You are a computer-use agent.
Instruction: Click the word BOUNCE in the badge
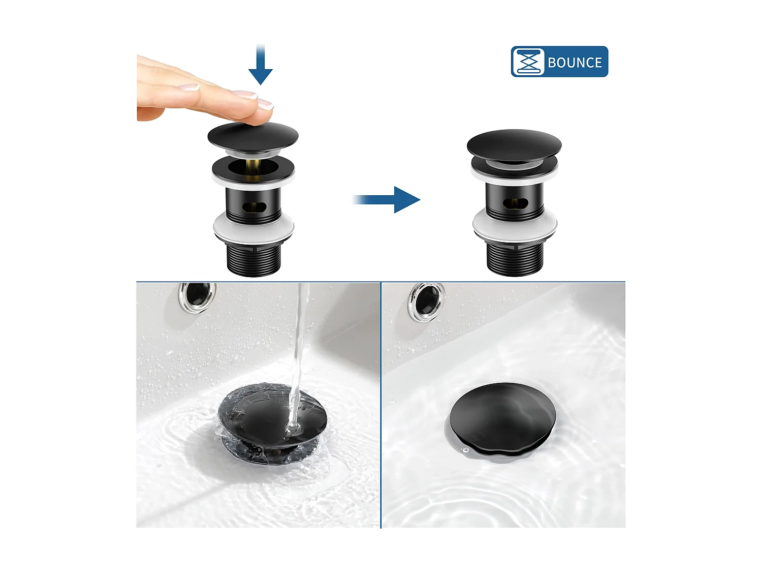point(575,63)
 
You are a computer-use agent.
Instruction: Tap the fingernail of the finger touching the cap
point(265,104)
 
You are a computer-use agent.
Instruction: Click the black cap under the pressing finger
point(252,136)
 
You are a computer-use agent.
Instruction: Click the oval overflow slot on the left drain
point(253,207)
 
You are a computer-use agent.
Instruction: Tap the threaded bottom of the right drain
point(514,258)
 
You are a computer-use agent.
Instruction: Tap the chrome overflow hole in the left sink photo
point(197,296)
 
